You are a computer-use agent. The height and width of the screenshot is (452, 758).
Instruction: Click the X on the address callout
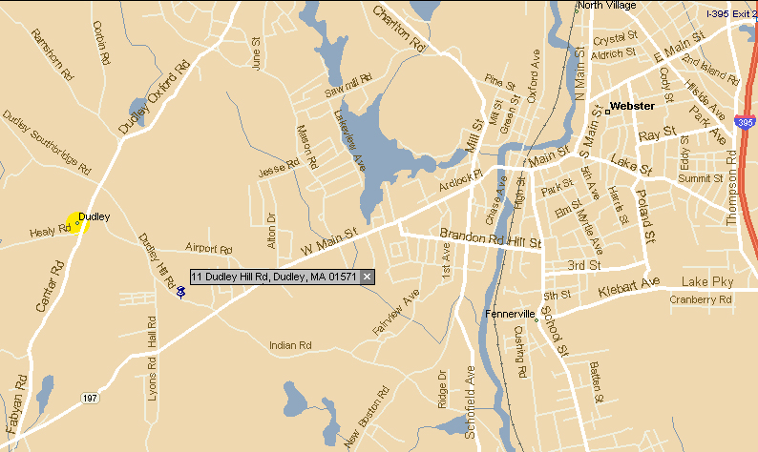click(x=367, y=277)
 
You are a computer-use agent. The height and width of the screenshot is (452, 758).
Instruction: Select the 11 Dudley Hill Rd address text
click(x=273, y=277)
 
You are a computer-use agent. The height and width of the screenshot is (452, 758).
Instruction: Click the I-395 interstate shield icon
click(x=745, y=123)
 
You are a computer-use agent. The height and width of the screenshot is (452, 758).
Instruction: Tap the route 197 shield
click(x=90, y=397)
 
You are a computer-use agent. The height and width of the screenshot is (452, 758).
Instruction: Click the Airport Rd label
click(x=209, y=249)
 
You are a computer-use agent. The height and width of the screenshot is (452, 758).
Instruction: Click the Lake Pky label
click(x=706, y=282)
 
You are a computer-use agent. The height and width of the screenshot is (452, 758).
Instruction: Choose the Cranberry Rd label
click(x=700, y=299)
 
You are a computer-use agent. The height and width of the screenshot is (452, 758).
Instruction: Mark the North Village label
click(x=606, y=6)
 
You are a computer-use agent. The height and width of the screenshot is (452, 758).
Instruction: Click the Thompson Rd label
click(x=733, y=195)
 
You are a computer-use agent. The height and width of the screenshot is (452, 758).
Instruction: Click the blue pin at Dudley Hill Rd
click(x=180, y=291)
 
